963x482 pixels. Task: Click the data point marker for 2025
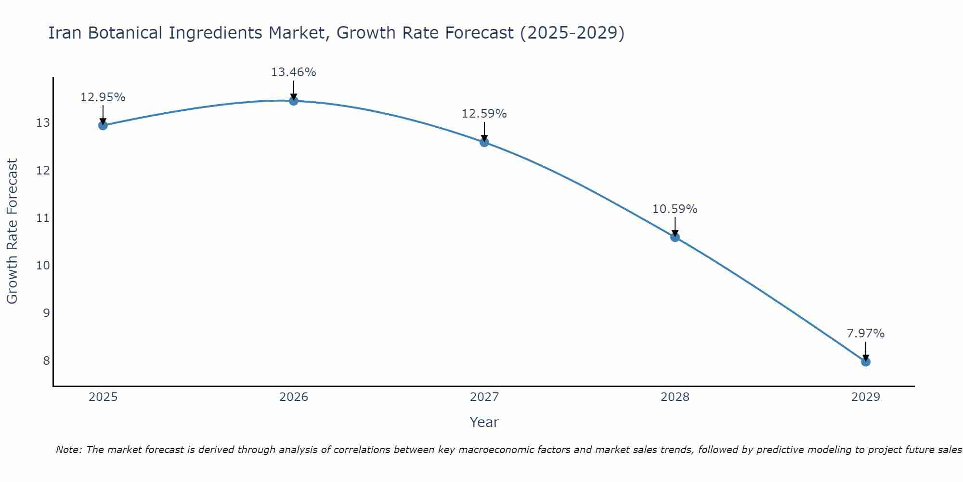click(x=103, y=125)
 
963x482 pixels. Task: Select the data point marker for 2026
click(x=293, y=101)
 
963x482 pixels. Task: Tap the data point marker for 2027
click(x=484, y=142)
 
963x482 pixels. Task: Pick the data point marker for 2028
click(x=675, y=237)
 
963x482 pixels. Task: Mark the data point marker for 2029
click(x=865, y=361)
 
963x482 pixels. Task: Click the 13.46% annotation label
click(x=293, y=72)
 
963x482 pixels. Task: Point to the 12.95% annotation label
click(x=103, y=97)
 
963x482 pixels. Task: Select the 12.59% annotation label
click(x=484, y=114)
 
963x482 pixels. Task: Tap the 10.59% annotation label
click(x=675, y=209)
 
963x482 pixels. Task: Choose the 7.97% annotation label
click(x=865, y=334)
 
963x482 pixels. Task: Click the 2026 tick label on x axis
click(x=294, y=397)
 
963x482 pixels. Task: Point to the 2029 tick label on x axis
click(x=865, y=397)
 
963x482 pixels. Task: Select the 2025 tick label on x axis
click(x=103, y=397)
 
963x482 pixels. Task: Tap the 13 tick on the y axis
click(x=43, y=123)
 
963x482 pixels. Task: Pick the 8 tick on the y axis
click(x=46, y=361)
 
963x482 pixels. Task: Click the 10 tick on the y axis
click(x=43, y=266)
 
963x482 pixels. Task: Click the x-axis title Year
click(x=484, y=422)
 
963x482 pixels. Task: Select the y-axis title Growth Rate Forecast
click(x=12, y=231)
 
